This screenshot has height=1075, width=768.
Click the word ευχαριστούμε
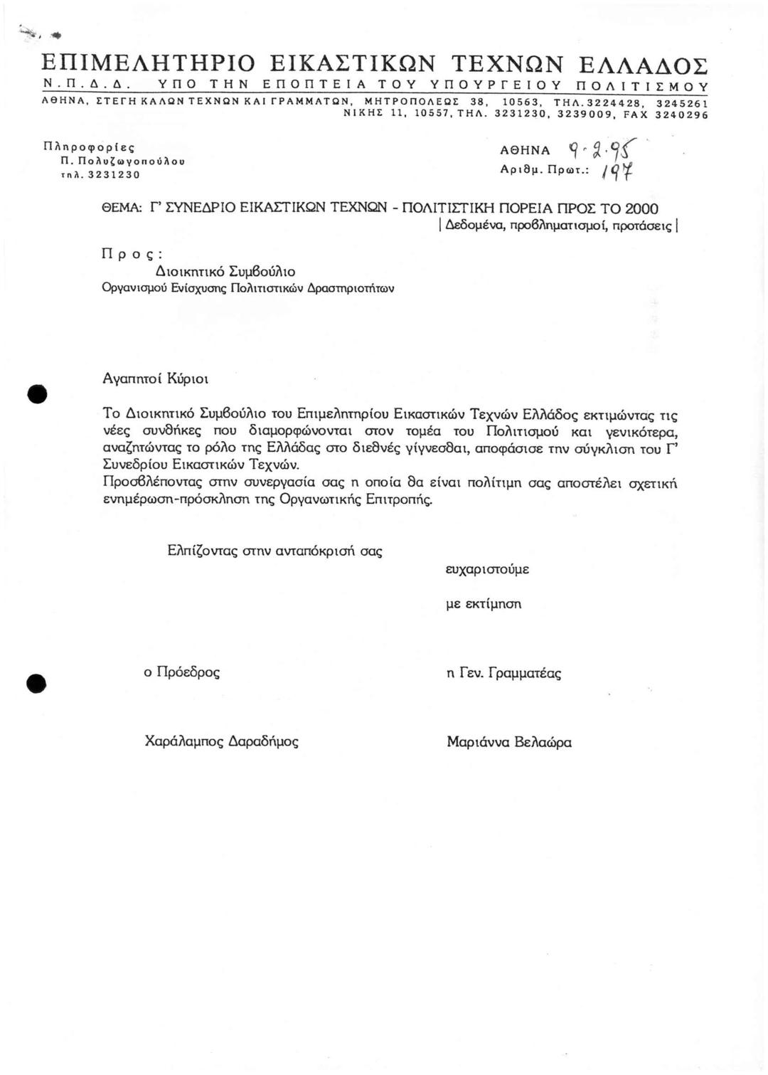487,570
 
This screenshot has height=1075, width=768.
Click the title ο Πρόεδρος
182,672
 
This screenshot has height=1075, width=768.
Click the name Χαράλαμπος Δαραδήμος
221,741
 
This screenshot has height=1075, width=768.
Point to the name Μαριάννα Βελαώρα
509,742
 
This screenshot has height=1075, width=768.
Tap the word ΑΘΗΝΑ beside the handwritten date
526,151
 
